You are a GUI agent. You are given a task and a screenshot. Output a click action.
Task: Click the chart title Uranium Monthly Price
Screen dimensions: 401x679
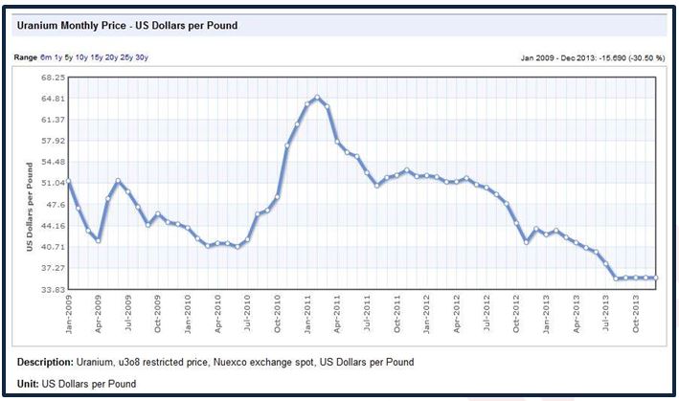coord(126,25)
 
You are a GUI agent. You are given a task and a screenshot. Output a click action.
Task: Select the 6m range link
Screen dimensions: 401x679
coord(45,57)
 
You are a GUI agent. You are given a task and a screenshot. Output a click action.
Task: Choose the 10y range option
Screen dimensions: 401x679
coord(81,57)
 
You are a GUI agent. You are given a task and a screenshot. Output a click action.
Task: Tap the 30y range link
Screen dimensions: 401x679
coord(142,57)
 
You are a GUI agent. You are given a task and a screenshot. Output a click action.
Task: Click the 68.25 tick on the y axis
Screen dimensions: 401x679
coord(52,78)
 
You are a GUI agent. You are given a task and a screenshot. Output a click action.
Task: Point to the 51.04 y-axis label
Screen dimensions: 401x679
coord(52,183)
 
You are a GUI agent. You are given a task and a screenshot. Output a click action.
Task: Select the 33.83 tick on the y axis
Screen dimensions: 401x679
coord(52,288)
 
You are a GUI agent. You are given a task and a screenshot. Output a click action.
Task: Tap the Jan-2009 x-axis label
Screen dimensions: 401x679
coord(69,312)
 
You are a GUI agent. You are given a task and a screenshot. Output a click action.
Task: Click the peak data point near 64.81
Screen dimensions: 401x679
coord(317,97)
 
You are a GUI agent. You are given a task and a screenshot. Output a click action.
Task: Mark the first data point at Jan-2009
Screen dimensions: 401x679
coord(68,181)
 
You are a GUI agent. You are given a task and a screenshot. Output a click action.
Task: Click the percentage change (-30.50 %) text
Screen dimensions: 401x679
coord(639,57)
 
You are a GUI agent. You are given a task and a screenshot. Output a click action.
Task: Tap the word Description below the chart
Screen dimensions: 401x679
coord(45,364)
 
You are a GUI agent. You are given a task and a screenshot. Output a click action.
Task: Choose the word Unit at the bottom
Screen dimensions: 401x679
coord(28,383)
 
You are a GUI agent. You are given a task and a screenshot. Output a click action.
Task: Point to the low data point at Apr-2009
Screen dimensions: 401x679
coord(98,240)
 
